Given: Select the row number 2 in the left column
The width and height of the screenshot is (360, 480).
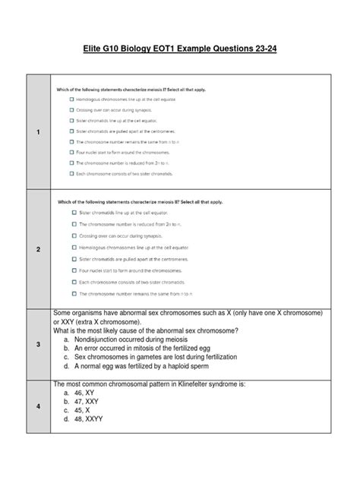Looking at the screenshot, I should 37,249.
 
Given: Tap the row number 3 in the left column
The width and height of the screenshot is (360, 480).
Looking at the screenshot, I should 37,344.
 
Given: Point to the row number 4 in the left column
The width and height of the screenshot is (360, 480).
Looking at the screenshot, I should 37,406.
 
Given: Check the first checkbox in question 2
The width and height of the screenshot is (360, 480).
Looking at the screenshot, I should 76,214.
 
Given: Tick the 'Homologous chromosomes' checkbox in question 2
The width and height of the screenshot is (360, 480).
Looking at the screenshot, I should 76,247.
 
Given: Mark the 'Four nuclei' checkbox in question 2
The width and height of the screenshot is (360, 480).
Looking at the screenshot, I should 76,269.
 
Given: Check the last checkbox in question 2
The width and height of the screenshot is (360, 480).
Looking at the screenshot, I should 76,292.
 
